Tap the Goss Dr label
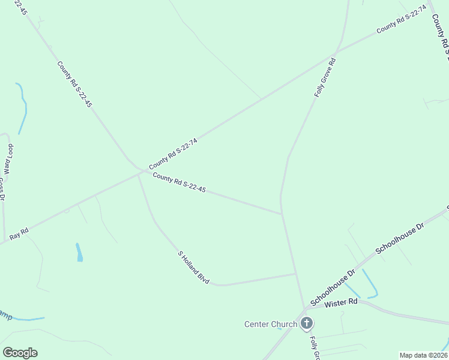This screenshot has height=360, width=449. tap(2, 191)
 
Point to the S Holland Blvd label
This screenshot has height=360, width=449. tap(193, 267)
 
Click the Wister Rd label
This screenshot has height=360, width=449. tap(340, 303)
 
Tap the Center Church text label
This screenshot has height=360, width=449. tap(270, 325)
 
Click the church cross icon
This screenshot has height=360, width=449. tap(307, 325)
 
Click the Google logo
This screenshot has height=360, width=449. tap(20, 353)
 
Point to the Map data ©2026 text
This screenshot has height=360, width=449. tap(423, 355)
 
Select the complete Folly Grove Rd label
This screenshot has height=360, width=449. tap(324, 77)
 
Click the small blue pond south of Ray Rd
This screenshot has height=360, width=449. tap(79, 253)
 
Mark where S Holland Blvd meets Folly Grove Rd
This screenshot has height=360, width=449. tap(297, 274)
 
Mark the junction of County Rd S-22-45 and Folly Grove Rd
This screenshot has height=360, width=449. tap(282, 213)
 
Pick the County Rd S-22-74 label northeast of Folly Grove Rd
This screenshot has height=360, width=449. tap(401, 19)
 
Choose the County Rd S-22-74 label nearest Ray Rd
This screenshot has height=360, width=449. tap(173, 153)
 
